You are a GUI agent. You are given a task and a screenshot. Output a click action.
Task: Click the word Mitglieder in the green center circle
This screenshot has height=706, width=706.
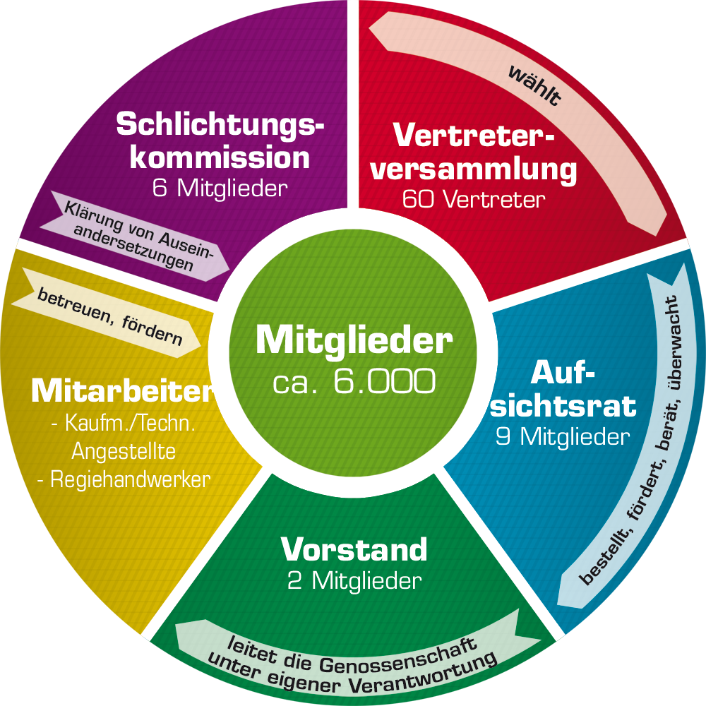[354, 340]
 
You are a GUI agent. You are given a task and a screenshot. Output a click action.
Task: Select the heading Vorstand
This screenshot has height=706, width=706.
[354, 549]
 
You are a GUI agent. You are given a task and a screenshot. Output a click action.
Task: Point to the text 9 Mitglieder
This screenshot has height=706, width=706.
[562, 437]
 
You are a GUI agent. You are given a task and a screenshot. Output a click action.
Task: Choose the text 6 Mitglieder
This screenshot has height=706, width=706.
[220, 188]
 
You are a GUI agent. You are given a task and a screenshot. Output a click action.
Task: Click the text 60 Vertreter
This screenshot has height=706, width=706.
[474, 199]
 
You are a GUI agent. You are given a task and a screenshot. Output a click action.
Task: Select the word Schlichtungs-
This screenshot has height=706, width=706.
[220, 124]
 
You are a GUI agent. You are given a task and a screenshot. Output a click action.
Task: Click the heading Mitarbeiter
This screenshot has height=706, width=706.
[121, 390]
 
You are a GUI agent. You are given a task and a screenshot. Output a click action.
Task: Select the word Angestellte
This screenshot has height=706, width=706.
[124, 450]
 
